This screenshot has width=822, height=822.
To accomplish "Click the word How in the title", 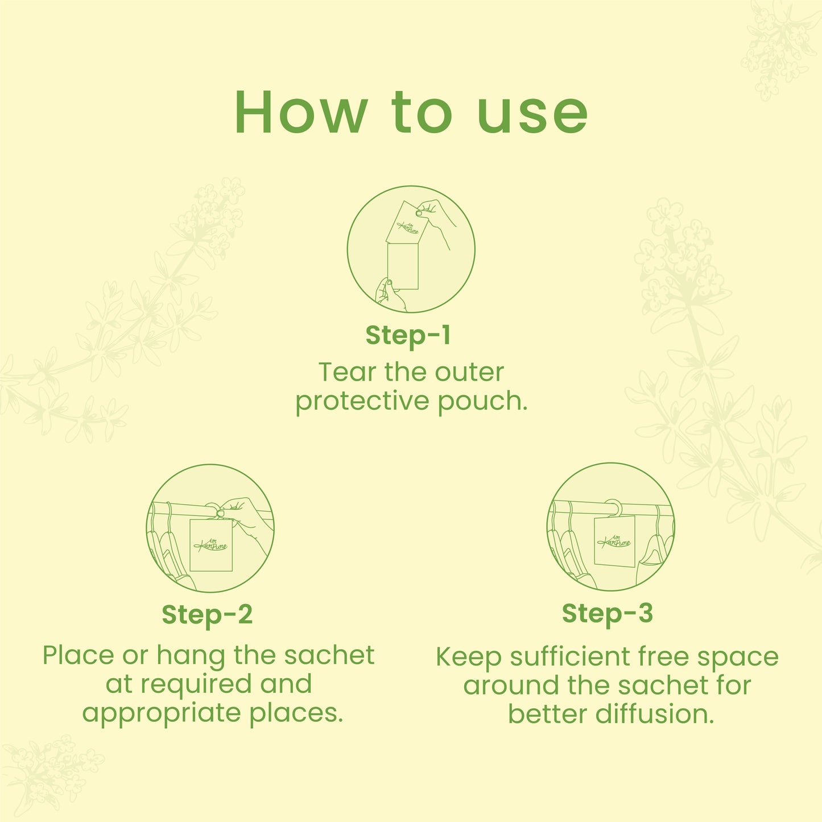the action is pyautogui.click(x=301, y=113).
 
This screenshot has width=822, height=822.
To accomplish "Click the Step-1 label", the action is pyautogui.click(x=408, y=335).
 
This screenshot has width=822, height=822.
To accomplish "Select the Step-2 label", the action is pyautogui.click(x=207, y=615).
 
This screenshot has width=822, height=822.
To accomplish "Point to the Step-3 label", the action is pyautogui.click(x=608, y=613).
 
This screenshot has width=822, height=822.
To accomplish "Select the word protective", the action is pyautogui.click(x=362, y=402).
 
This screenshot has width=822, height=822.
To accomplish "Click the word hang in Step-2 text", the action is pyautogui.click(x=190, y=656).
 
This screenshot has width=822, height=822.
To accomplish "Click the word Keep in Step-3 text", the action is pyautogui.click(x=468, y=658).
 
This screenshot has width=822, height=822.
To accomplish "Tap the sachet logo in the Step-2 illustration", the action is pyautogui.click(x=210, y=545).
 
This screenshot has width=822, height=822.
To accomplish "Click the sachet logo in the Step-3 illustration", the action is pyautogui.click(x=614, y=542).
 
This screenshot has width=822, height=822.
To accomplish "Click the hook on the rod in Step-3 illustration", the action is pyautogui.click(x=613, y=506).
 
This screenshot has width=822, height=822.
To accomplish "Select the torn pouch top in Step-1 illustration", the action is pyautogui.click(x=407, y=222).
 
